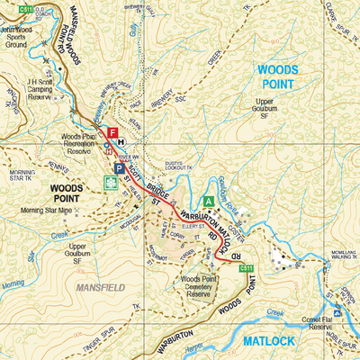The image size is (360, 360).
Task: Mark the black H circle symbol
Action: coord(121,141)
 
